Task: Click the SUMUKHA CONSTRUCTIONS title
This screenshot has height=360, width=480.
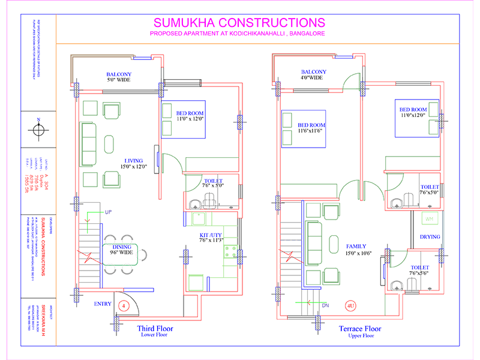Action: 239,23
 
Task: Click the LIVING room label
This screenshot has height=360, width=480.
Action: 134,160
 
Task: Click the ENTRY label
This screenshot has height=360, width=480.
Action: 103,304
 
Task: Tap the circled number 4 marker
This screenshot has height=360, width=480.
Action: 123,304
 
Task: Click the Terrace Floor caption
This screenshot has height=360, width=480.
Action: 360,328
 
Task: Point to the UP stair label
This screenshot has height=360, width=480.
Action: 109,212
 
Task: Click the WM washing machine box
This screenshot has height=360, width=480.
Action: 429,218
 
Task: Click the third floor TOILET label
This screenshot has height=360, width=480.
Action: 214,181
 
